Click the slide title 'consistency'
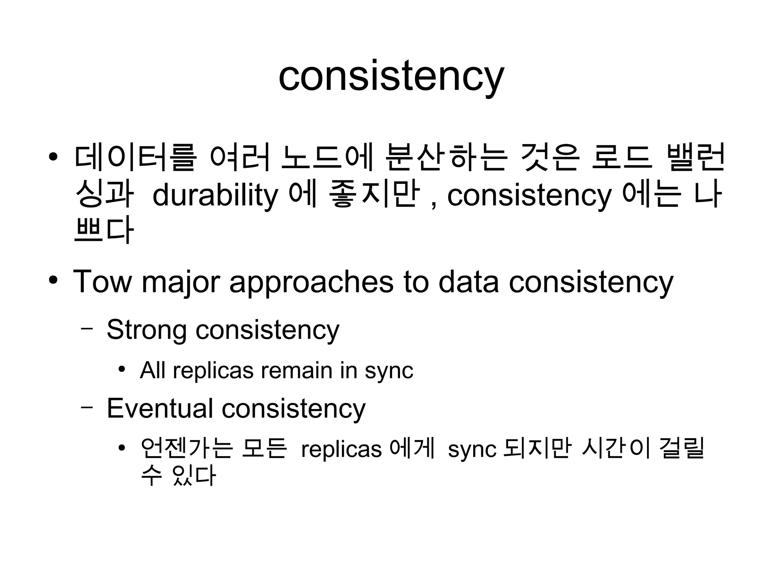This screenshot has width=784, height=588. (x=391, y=77)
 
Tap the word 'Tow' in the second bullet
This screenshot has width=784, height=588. (x=102, y=282)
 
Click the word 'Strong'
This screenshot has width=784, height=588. (x=146, y=330)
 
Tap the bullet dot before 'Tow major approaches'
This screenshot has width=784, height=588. (x=53, y=280)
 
